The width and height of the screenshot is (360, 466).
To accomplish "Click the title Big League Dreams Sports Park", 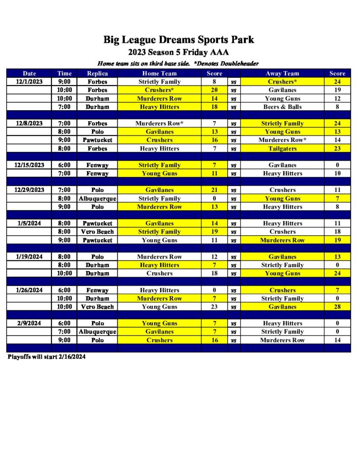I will tap(178, 40).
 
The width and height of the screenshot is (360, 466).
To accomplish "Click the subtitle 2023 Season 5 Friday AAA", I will tap(178, 52).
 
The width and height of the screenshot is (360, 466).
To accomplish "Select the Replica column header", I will tap(97, 73).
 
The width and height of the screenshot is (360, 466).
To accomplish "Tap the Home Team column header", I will tap(159, 73).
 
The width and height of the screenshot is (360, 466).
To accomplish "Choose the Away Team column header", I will tap(282, 73).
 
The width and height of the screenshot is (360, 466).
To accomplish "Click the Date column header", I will tap(29, 73).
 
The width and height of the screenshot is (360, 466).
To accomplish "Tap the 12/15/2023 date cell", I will tap(29, 165).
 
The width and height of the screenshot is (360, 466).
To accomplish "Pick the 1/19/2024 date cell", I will tap(29, 257).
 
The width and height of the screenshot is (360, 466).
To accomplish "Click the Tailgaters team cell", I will tap(282, 148).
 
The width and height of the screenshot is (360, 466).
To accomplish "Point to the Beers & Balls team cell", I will tap(282, 107).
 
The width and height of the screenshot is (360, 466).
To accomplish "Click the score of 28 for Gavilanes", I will tap(337, 307).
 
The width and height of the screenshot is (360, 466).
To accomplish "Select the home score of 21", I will tap(214, 190).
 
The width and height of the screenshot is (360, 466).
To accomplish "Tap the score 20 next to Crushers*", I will tap(214, 90).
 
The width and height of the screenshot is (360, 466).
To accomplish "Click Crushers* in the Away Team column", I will tap(282, 82).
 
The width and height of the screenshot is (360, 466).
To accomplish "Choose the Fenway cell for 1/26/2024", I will tap(97, 290).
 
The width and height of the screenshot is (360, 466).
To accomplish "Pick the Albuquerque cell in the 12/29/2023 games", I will tap(97, 198).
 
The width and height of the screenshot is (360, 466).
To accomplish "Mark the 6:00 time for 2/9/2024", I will tap(64, 323).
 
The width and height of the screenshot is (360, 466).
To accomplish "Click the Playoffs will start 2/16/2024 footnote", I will tap(46, 357).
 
